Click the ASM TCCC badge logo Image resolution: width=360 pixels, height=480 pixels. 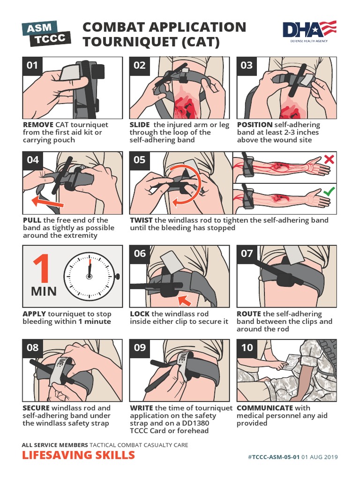click(46, 33)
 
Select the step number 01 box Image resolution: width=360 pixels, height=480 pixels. click(32, 66)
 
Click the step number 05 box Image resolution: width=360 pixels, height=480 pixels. click(140, 160)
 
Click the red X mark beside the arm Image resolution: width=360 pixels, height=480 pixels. click(329, 159)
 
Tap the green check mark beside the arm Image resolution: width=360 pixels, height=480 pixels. click(329, 192)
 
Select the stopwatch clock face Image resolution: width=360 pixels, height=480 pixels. click(90, 277)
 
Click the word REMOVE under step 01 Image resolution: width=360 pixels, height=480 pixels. click(38, 125)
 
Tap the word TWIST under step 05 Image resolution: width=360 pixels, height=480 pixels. click(141, 220)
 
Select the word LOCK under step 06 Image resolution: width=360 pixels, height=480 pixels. click(140, 314)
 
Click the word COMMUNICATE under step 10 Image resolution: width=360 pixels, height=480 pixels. click(265, 408)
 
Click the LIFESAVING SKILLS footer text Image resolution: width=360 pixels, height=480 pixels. click(78, 455)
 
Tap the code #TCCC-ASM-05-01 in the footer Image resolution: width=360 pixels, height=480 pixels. click(274, 457)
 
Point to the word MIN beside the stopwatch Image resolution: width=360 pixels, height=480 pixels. click(44, 291)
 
